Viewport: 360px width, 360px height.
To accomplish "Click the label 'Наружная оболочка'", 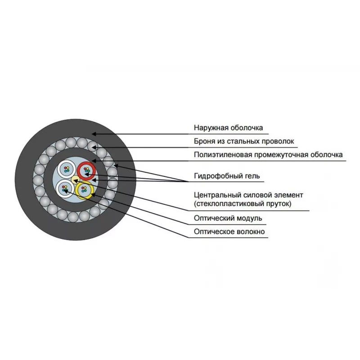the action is coord(228,128).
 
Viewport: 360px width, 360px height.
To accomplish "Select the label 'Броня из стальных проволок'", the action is coord(244,141).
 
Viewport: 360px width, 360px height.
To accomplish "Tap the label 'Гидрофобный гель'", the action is coord(227,176).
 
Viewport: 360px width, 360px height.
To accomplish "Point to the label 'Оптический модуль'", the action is coord(228,218).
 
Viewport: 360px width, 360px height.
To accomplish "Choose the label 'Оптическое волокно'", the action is coord(229,231).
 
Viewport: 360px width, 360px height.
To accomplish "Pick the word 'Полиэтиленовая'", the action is coord(223,155).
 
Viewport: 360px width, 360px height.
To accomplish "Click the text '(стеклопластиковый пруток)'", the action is coord(243,204).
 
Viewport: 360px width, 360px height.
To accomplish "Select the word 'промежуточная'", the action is coord(281,155).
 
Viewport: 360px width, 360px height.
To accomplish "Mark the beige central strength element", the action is coord(75,180).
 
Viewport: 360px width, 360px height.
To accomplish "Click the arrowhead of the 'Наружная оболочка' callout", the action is coord(94,134).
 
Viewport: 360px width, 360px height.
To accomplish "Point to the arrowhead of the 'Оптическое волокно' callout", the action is coord(66,190).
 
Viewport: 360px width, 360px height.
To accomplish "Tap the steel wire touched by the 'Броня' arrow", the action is coord(93,146).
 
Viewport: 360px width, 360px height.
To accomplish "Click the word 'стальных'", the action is coord(243,141).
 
